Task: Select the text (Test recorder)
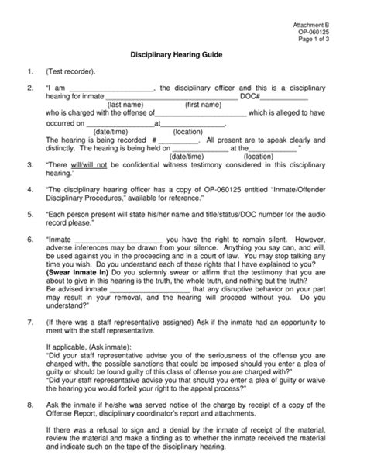pos(71,72)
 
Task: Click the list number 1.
pos(29,72)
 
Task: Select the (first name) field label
pos(203,105)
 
